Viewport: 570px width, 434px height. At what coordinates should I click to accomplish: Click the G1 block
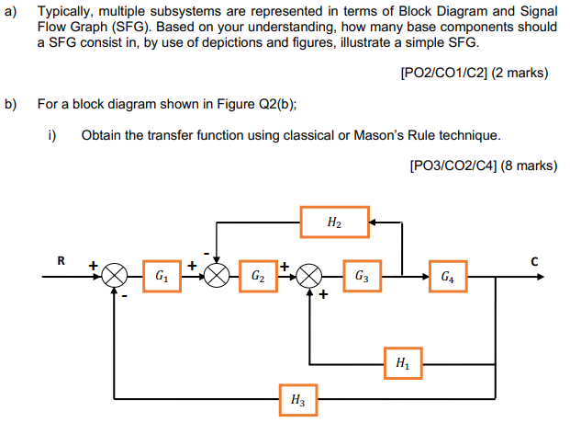[162, 275]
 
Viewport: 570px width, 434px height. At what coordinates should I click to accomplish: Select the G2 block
[258, 275]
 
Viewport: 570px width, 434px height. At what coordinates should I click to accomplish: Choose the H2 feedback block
[334, 222]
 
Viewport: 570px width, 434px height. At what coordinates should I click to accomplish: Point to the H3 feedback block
[297, 400]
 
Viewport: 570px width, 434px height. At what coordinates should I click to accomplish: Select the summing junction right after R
[114, 275]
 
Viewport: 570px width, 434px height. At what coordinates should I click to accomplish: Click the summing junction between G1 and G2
[217, 275]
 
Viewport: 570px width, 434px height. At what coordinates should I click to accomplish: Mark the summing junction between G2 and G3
[310, 275]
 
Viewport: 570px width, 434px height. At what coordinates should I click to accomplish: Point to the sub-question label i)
[52, 135]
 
